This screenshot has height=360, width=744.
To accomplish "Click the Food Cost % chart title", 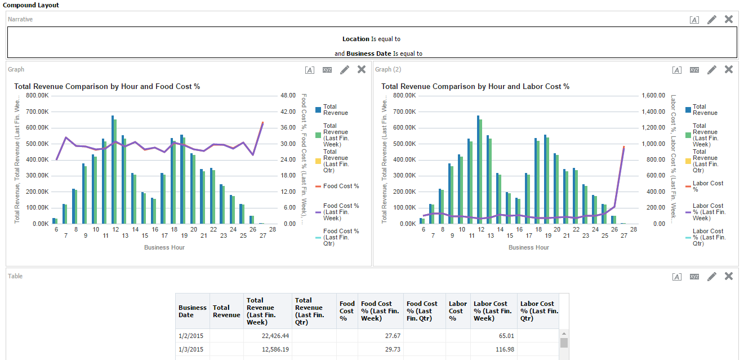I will tap(107, 86).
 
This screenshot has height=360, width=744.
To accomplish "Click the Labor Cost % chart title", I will tap(475, 86).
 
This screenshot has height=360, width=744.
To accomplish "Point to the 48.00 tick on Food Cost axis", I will tap(288, 96).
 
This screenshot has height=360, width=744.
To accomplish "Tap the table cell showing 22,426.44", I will tap(268, 336).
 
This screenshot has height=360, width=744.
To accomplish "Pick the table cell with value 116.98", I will tap(494, 349).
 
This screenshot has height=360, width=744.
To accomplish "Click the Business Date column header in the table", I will tap(193, 311).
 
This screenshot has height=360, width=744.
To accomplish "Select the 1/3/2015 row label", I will tap(190, 349).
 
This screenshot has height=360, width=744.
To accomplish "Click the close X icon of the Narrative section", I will tap(728, 19).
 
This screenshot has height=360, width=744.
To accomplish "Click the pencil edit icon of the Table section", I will tap(712, 277).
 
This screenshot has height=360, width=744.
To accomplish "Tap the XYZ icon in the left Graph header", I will tap(327, 70).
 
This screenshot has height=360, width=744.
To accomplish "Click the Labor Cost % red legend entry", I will tap(707, 186).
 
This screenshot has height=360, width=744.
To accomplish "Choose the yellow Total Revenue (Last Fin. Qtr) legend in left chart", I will tap(336, 161).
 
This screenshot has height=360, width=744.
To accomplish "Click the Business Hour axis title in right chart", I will tap(528, 247).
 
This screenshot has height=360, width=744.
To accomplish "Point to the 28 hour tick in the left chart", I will tap(272, 230).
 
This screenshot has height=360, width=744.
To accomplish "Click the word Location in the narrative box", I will tap(355, 39).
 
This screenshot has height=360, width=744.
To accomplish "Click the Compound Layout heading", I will tap(31, 5).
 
